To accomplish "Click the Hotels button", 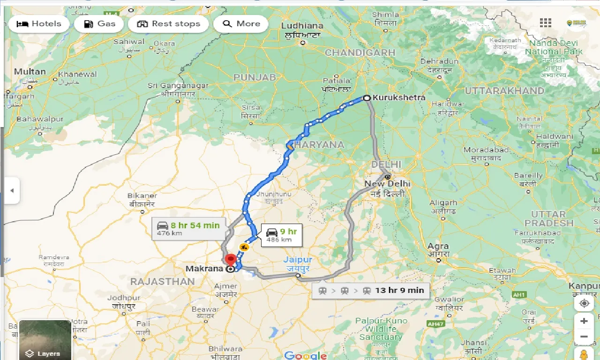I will click(x=39, y=24).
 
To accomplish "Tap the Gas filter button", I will click(x=100, y=24).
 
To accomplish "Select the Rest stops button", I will click(x=168, y=24).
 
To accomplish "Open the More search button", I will click(x=241, y=24).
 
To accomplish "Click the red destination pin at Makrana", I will click(x=230, y=260).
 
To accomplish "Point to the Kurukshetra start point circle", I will click(x=367, y=98).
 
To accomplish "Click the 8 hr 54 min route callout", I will click(x=188, y=228).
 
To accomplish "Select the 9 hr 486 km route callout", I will click(x=281, y=235).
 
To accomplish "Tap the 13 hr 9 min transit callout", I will click(x=371, y=291).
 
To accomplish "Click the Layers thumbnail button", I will click(x=45, y=340).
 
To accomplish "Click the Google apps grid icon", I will click(x=545, y=23).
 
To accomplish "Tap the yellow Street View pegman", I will click(x=584, y=354).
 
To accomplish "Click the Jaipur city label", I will click(x=297, y=260).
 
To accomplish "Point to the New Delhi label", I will click(x=387, y=183).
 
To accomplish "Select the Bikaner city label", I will click(x=142, y=195).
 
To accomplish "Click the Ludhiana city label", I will click(x=302, y=26).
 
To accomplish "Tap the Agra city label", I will click(x=438, y=246).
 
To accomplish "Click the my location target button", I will click(x=584, y=303).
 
